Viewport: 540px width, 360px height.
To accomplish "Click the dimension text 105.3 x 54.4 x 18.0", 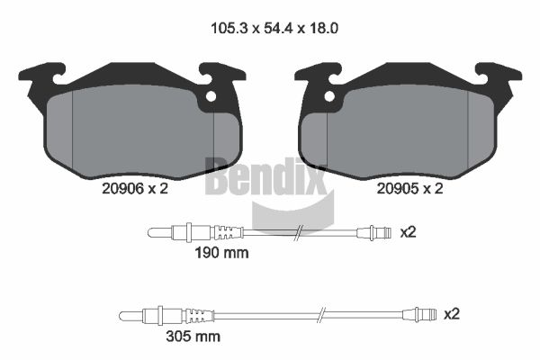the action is pos(274,28).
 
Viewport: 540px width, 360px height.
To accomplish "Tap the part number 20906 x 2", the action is pos(135,188).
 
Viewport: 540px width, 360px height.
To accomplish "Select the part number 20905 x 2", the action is pos(409,188).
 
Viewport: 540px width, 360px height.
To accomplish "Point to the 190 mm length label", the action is pos(221,253).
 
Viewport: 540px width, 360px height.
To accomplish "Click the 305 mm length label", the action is pos(193,337).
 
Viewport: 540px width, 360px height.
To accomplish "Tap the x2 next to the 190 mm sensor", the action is pos(408,232).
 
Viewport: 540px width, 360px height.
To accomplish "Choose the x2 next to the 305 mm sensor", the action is pos(452,314).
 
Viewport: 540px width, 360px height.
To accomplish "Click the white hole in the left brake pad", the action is pos(211,96).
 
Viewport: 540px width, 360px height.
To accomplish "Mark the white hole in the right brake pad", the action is pos(329,96).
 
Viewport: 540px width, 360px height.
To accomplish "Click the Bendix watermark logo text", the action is pos(265,176).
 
